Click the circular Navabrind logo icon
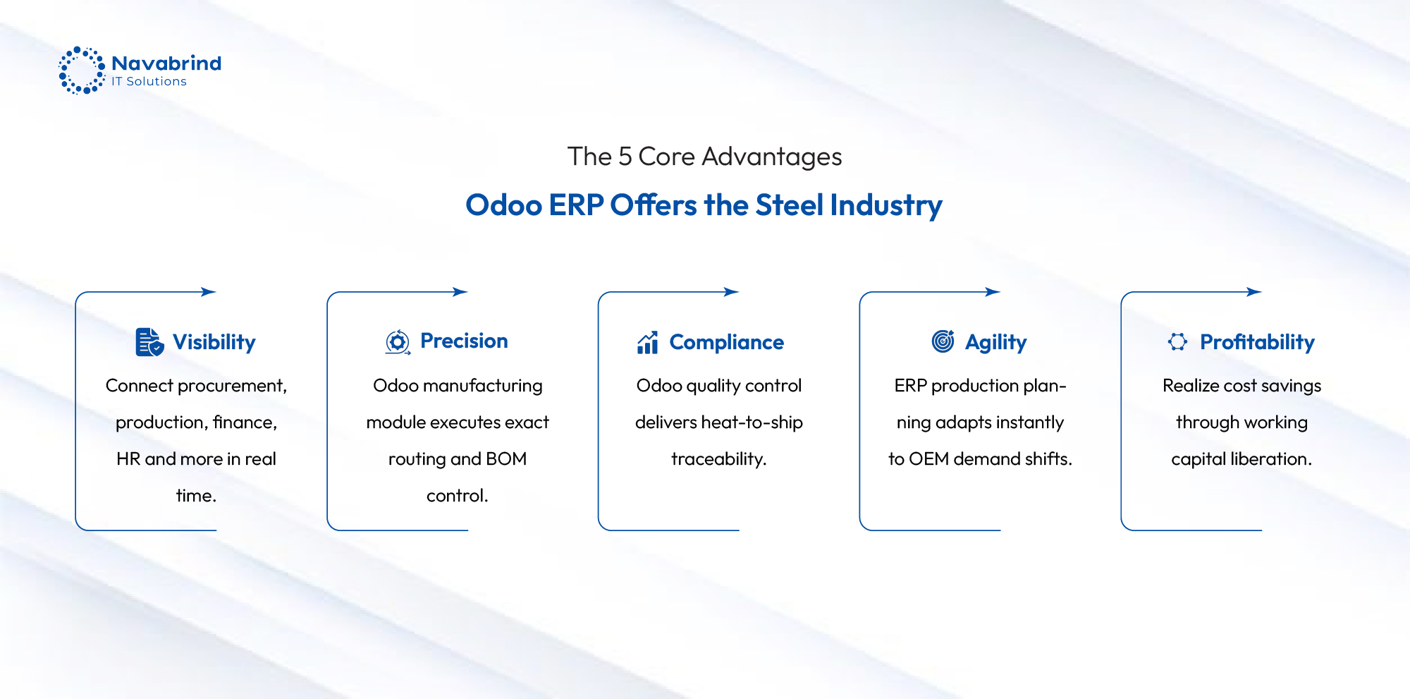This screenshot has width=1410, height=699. pyautogui.click(x=82, y=71)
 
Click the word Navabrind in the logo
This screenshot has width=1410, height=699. pyautogui.click(x=166, y=63)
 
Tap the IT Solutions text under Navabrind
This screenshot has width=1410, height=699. pyautogui.click(x=149, y=82)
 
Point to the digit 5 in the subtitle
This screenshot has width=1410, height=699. pyautogui.click(x=625, y=157)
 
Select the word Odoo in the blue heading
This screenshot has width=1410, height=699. pyautogui.click(x=503, y=205)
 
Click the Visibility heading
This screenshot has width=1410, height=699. pyautogui.click(x=214, y=342)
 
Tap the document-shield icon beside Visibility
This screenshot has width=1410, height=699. pyautogui.click(x=149, y=342)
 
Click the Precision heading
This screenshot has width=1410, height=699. pyautogui.click(x=464, y=341)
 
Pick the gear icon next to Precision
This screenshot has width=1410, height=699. pyautogui.click(x=398, y=342)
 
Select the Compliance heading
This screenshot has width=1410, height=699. pyautogui.click(x=727, y=342)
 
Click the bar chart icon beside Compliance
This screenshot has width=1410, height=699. pyautogui.click(x=647, y=342)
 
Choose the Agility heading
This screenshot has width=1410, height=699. pyautogui.click(x=996, y=343)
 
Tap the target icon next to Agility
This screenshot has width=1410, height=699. pyautogui.click(x=943, y=341)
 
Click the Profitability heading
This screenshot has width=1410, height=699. pyautogui.click(x=1258, y=342)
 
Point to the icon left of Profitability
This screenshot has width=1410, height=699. pyautogui.click(x=1177, y=342)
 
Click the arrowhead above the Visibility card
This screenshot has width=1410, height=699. pyautogui.click(x=209, y=292)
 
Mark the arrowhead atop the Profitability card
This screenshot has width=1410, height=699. pyautogui.click(x=1254, y=292)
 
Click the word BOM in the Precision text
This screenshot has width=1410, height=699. pyautogui.click(x=506, y=459)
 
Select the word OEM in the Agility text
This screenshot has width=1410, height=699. pyautogui.click(x=928, y=459)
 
